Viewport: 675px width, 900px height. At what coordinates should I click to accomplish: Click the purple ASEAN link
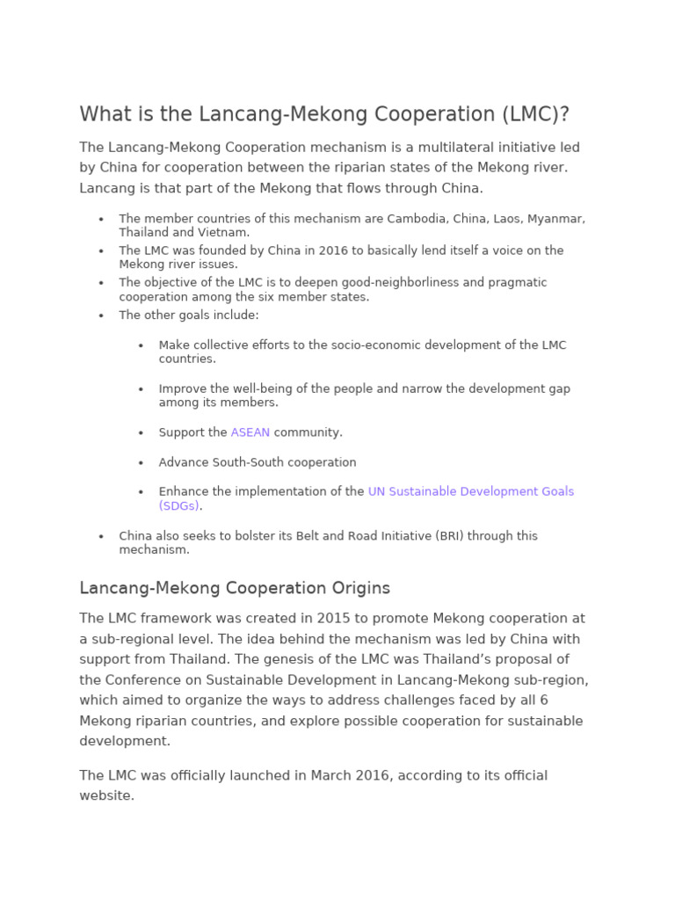[x=250, y=432]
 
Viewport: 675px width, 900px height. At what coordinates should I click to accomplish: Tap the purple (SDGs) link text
[x=179, y=506]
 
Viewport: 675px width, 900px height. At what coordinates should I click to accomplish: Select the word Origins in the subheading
[x=355, y=588]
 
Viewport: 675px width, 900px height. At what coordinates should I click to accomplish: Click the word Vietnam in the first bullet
[x=225, y=233]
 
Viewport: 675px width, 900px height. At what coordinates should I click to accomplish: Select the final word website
[x=106, y=795]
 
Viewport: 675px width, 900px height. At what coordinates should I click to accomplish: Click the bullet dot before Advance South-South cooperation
[x=141, y=463]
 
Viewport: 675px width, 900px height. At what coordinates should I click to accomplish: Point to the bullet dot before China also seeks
[x=101, y=536]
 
